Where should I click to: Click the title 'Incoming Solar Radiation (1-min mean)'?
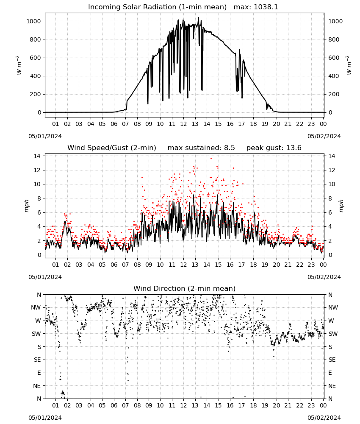[x=157, y=7]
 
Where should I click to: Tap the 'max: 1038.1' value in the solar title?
[x=256, y=7]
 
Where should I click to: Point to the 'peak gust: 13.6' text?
[x=274, y=148]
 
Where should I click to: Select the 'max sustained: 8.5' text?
[x=201, y=148]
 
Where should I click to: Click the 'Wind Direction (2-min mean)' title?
[x=185, y=288]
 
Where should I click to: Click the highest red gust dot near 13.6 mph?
[x=211, y=159]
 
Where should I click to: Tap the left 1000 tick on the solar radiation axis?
[x=34, y=21]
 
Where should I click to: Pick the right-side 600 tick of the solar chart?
[x=334, y=58]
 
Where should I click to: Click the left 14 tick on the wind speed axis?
[x=37, y=156]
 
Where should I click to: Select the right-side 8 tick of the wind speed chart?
[x=330, y=198]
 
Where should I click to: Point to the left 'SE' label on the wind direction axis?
[x=37, y=360]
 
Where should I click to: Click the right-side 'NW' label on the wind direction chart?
[x=333, y=307]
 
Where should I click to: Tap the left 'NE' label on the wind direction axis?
[x=37, y=386]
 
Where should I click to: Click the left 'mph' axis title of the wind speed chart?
[x=26, y=206]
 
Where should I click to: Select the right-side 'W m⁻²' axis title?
[x=349, y=65]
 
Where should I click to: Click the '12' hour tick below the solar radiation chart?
[x=183, y=124]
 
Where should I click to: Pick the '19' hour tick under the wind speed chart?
[x=265, y=265]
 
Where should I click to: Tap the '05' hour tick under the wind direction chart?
[x=102, y=405]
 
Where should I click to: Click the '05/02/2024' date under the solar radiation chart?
[x=324, y=136]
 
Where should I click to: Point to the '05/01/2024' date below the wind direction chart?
[x=45, y=418]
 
